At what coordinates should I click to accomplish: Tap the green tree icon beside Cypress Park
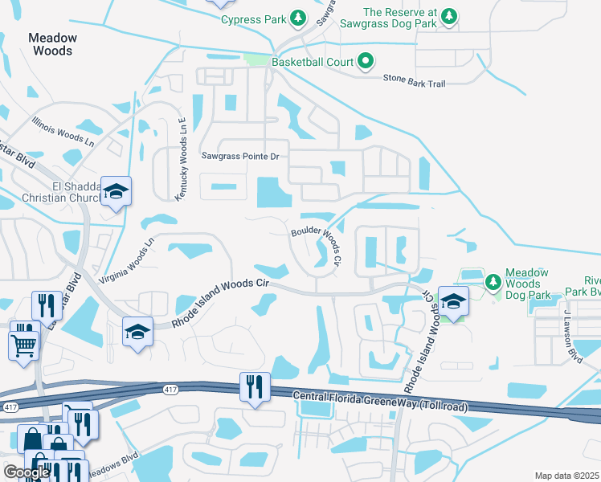(298, 18)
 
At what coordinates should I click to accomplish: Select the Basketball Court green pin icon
(366, 61)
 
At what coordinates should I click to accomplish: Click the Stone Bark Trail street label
(413, 79)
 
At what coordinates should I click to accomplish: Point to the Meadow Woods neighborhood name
(53, 44)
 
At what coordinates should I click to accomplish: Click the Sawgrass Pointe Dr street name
(239, 157)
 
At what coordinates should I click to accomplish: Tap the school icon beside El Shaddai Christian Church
(116, 192)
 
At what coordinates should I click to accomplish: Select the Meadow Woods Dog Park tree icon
(493, 281)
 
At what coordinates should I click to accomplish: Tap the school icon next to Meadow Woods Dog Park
(453, 302)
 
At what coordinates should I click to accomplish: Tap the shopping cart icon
(22, 345)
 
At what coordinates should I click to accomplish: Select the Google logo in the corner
(27, 472)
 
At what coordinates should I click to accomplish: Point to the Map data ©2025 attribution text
(566, 476)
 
